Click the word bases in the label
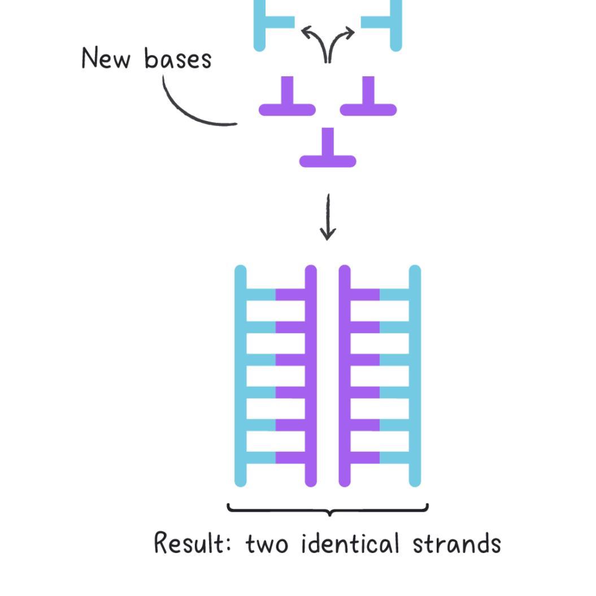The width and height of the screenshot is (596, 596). (177, 59)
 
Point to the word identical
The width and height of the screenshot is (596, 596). (350, 544)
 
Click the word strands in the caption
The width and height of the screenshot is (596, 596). (456, 544)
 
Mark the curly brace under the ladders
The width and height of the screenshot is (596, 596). (328, 509)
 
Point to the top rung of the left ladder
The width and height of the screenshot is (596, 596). (276, 295)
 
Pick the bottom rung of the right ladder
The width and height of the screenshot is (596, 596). (380, 457)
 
